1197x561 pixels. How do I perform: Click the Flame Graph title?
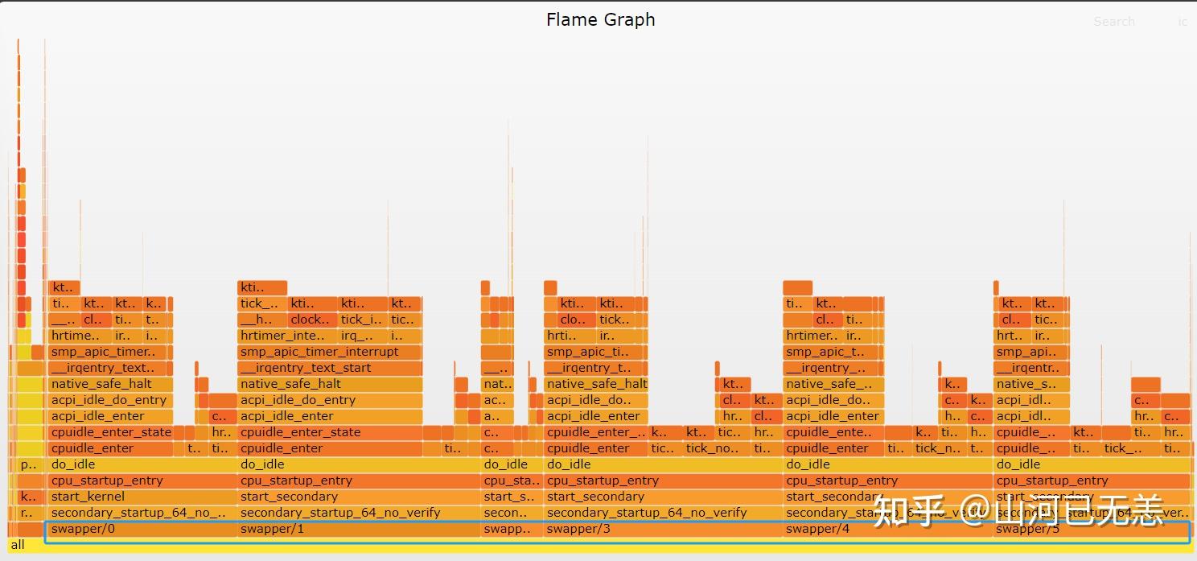pos(600,20)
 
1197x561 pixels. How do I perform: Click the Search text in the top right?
pos(1113,22)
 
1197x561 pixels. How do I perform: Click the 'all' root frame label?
pos(18,545)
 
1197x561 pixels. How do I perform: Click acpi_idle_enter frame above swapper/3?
pos(596,416)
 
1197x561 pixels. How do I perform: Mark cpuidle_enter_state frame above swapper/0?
pos(110,432)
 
